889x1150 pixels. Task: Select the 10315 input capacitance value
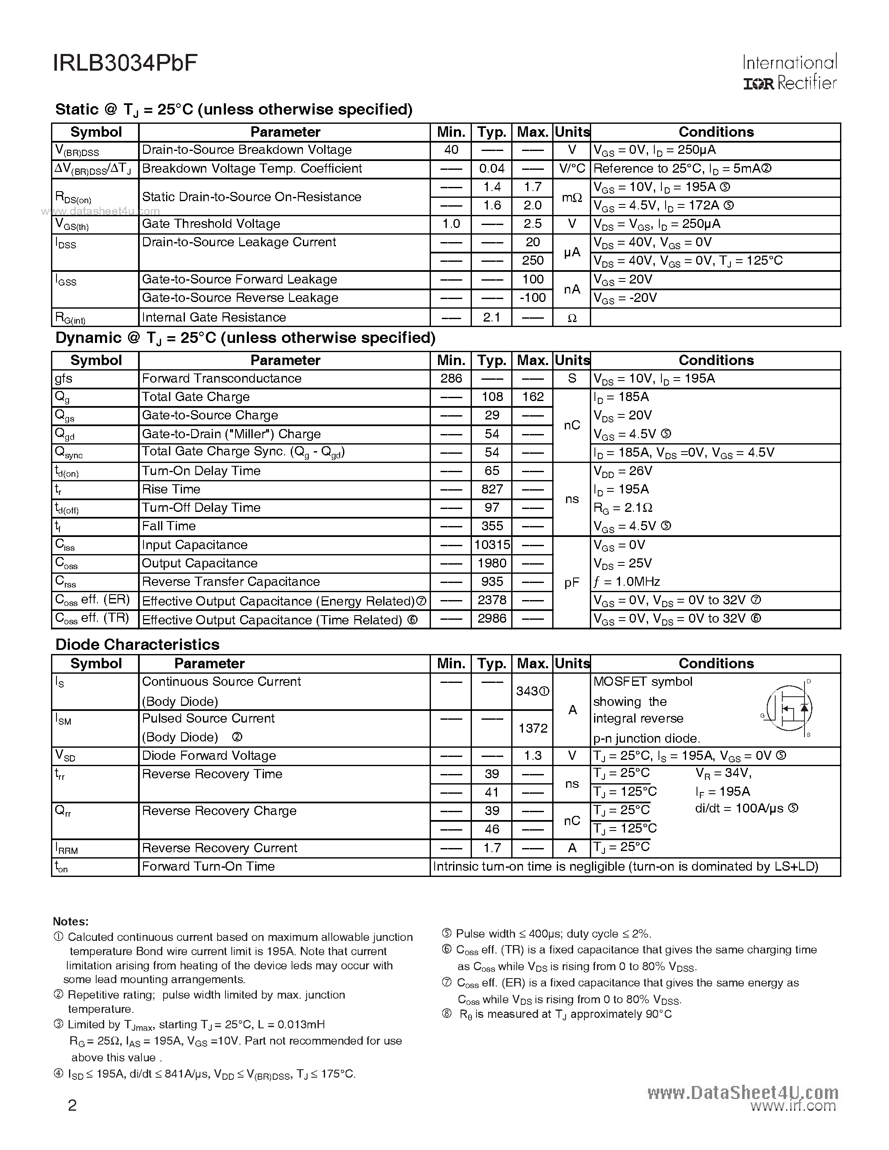(492, 544)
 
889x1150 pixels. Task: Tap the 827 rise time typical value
(492, 489)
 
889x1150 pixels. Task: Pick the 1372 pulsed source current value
(533, 728)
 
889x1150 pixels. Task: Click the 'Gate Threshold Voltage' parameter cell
(211, 224)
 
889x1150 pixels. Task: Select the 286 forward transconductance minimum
(451, 378)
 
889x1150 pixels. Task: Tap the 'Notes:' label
(71, 922)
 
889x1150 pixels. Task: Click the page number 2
(72, 1105)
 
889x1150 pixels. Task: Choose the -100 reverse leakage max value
(533, 297)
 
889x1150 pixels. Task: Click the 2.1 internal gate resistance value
(492, 317)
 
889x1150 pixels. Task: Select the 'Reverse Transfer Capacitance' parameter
(231, 581)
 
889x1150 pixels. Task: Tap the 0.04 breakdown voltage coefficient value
(492, 169)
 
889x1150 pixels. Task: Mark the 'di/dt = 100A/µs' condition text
(746, 808)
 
